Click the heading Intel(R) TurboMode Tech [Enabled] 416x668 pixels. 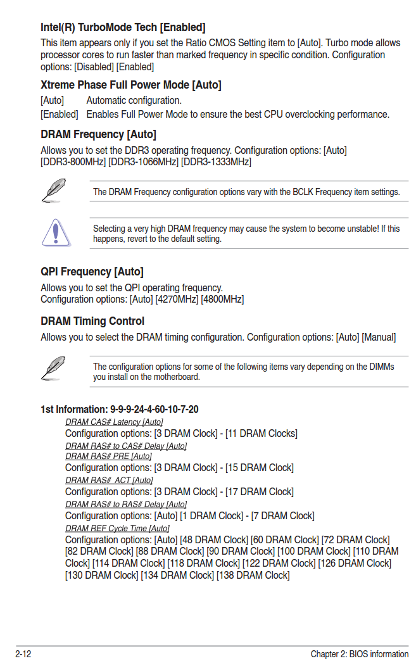click(123, 27)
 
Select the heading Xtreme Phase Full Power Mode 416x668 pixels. click(130, 85)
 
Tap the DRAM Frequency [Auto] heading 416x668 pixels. click(98, 134)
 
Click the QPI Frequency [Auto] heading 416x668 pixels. click(92, 272)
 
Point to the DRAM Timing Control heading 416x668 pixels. click(92, 321)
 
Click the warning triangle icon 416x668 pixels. click(56, 232)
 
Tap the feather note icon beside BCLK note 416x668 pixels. click(54, 190)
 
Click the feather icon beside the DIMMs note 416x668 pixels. click(54, 368)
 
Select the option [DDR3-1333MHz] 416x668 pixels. click(216, 162)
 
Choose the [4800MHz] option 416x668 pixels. click(222, 299)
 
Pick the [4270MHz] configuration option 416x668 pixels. click(177, 299)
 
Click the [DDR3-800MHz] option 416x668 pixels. click(73, 162)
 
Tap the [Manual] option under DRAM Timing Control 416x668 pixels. click(379, 337)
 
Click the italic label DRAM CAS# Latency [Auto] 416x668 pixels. click(114, 422)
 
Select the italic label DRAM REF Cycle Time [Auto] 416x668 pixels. click(117, 528)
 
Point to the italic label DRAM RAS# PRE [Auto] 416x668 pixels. click(108, 456)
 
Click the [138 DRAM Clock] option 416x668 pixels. click(253, 575)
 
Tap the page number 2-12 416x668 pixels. click(23, 654)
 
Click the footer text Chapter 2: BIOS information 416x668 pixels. click(359, 654)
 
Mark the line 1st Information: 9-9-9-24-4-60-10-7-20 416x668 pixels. click(119, 409)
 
